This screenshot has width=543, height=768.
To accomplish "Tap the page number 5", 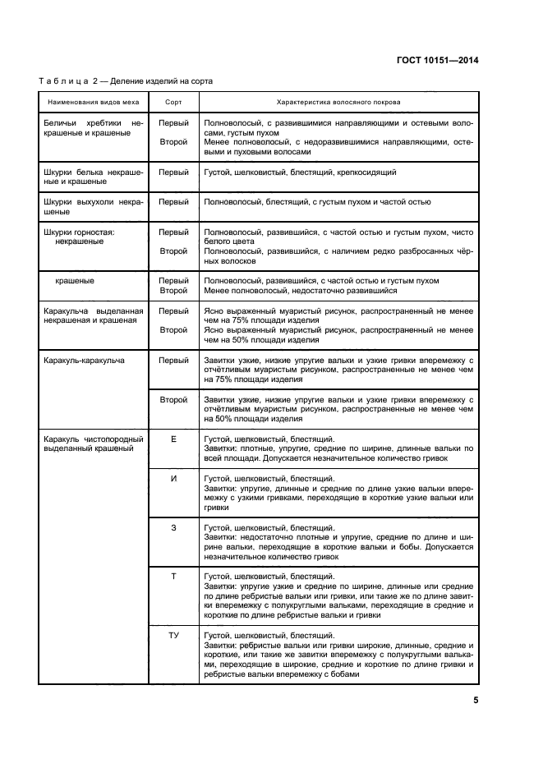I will coord(476,700).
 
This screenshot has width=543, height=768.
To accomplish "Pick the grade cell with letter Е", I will coord(173,439).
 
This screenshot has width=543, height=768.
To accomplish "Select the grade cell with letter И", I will coord(173,478).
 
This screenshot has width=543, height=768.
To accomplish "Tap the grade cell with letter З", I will coord(173,527).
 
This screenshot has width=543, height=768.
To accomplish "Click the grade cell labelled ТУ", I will coord(173,635).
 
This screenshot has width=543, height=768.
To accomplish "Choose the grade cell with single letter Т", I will coord(173,577).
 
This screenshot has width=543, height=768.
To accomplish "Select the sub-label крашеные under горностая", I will coord(74,280).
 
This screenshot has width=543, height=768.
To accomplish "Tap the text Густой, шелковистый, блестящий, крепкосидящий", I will coord(301,173).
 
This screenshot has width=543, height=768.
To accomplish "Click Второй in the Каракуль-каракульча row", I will coord(173,399).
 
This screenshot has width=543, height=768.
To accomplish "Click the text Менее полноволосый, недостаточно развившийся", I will coord(301,290).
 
